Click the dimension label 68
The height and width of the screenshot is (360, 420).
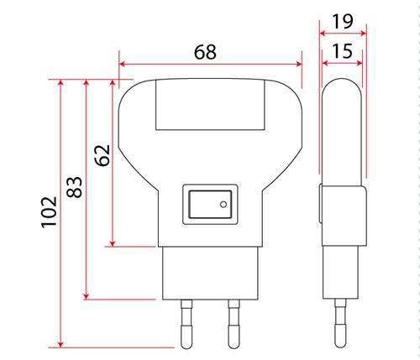coord(205,52)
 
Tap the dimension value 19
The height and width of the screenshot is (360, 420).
coord(342,22)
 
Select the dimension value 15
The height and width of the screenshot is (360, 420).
coord(342,51)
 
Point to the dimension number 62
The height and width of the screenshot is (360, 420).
coord(102,155)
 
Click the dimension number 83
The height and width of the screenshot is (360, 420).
coord(75,187)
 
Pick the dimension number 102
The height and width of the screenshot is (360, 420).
coord(50,212)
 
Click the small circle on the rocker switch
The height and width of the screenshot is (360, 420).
coord(223,205)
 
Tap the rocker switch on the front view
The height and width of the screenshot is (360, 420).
coord(210,204)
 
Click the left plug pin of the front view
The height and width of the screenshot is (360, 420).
coord(186,324)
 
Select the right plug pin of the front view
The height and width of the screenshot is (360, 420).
coord(234,324)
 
